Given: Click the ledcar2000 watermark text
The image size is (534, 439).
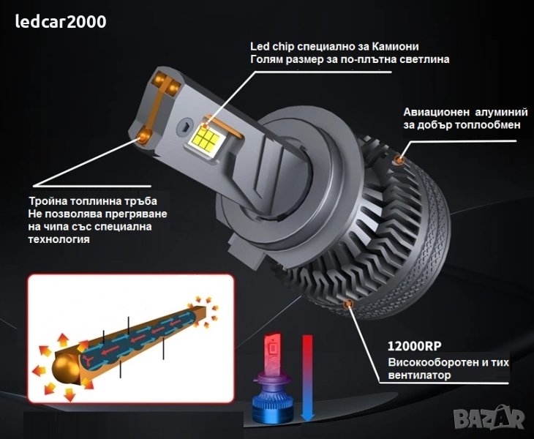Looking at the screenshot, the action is (61, 22).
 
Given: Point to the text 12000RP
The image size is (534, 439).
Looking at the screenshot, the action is (415, 346).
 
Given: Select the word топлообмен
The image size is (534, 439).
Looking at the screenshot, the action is (488, 125).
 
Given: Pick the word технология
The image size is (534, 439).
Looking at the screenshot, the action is (59, 239).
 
